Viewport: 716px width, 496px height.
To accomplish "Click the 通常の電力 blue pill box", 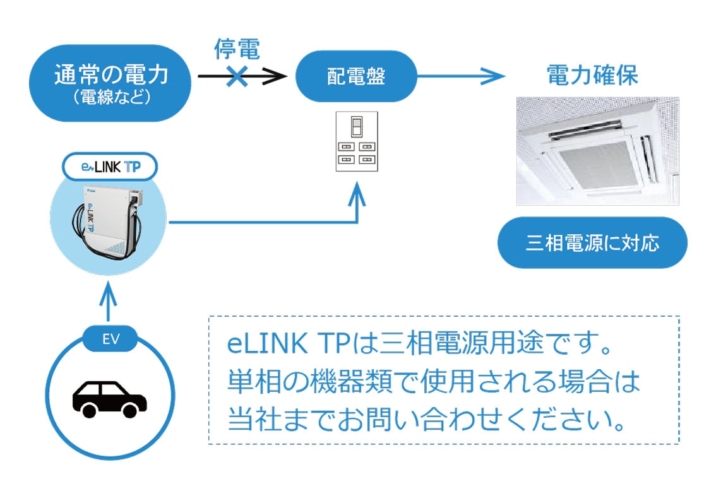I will [x=110, y=83].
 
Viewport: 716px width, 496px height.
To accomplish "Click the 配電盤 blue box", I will [x=356, y=76].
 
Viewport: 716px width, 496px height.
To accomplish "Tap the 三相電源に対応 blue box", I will [x=592, y=243].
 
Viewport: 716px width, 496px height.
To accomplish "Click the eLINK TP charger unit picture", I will [x=108, y=221].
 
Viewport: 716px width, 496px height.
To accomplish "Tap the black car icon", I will [x=109, y=398].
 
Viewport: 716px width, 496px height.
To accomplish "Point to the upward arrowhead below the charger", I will [x=109, y=293].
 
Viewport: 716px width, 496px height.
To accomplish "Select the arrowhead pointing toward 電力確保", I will [x=496, y=76].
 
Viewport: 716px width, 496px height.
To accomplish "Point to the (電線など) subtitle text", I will [x=110, y=98].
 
